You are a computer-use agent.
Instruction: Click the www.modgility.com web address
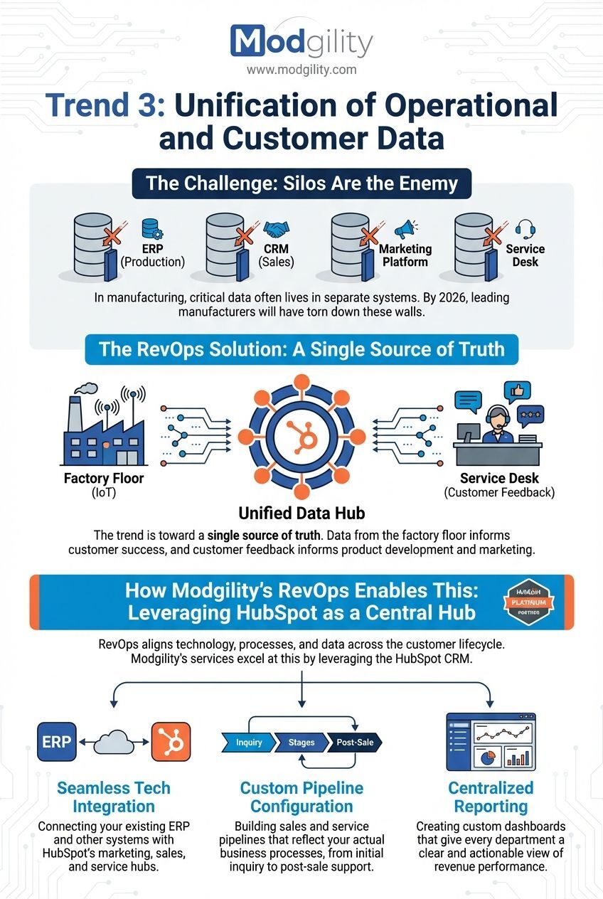tap(301, 70)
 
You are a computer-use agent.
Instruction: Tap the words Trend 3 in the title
tap(105, 106)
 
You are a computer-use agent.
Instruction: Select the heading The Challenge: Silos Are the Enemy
tap(301, 183)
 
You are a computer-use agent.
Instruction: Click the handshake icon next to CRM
tap(277, 229)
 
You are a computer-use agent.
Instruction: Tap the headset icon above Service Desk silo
tap(525, 229)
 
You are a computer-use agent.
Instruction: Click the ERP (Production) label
tap(152, 255)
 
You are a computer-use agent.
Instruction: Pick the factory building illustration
tap(103, 427)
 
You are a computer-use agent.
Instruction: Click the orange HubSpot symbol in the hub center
tap(301, 433)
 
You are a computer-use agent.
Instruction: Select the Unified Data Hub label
tap(301, 512)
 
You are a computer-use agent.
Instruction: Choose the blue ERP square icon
tap(56, 742)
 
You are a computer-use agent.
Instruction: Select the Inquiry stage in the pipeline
tap(248, 743)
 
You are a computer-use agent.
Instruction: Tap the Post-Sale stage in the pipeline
tap(353, 743)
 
